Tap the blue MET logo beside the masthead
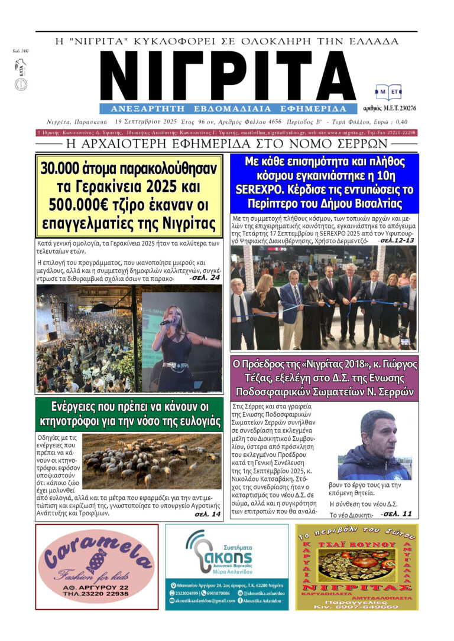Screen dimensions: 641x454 click(388, 92)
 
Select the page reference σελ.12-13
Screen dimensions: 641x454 click(397, 240)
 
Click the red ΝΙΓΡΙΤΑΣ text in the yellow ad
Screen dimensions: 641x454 click(356, 588)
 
